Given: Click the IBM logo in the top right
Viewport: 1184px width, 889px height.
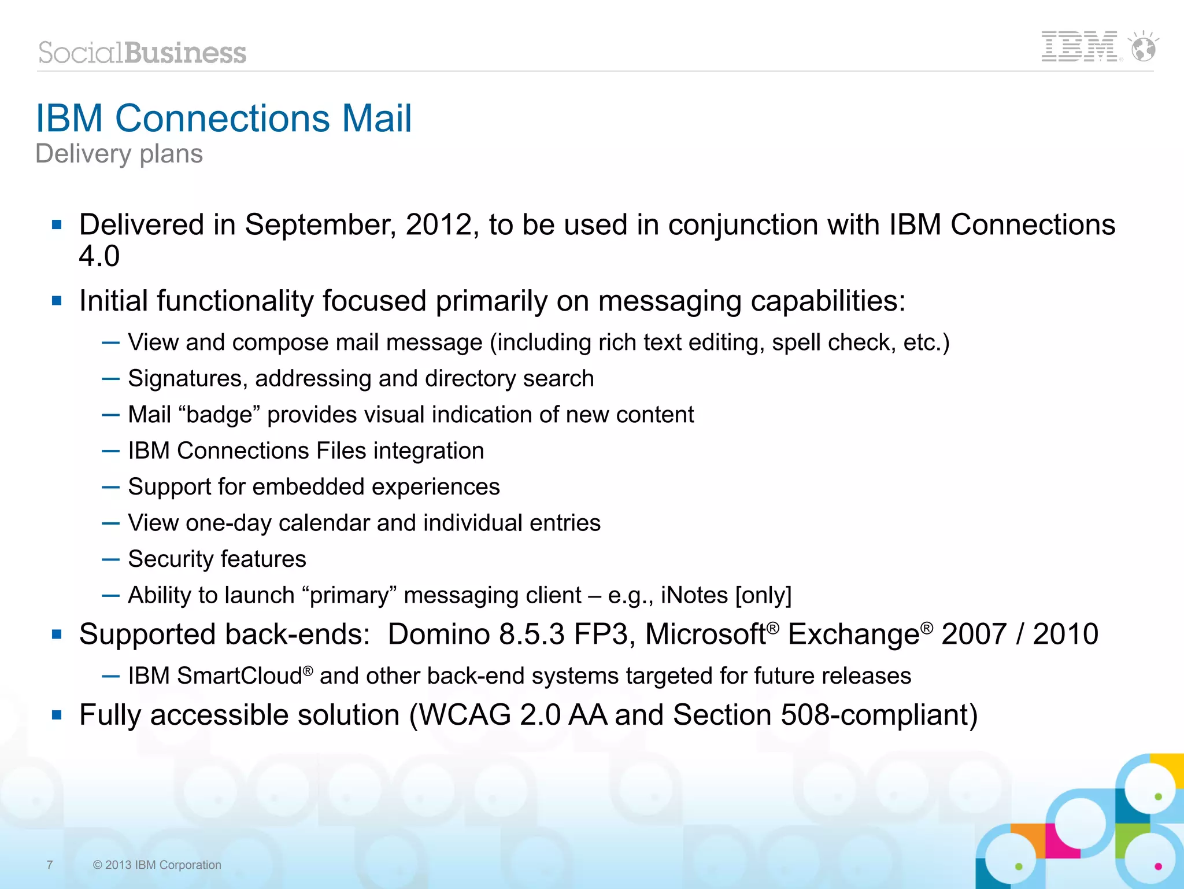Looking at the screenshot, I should [x=1079, y=47].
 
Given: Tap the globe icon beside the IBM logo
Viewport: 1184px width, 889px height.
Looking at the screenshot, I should [x=1144, y=47].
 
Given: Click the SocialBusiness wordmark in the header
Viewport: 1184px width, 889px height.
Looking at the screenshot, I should [x=142, y=53].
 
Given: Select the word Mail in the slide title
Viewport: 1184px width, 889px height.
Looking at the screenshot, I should [x=376, y=119].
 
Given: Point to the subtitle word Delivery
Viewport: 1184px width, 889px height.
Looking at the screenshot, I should [x=84, y=154].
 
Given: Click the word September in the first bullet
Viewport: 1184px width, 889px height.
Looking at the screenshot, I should [x=320, y=225].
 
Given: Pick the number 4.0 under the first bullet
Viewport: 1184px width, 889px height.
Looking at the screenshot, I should [x=99, y=256].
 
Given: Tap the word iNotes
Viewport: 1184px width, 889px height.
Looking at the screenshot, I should [x=694, y=596].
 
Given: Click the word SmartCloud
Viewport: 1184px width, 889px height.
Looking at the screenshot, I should [x=239, y=676].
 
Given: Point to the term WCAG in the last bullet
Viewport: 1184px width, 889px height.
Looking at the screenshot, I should [x=464, y=715].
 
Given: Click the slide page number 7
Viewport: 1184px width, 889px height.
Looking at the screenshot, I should [x=50, y=865].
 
